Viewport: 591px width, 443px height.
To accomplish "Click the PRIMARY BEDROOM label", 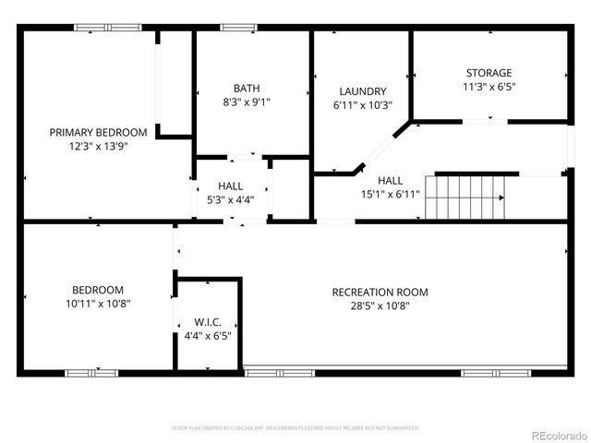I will [x=98, y=132].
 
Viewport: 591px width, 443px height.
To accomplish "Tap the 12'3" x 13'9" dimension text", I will [x=98, y=146].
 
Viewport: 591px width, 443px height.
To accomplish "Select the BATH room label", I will [x=246, y=88].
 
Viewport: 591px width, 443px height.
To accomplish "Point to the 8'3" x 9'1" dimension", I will [x=246, y=102].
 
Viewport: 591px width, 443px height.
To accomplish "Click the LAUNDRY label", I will [x=362, y=91].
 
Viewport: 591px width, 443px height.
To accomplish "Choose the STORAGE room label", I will [x=488, y=73].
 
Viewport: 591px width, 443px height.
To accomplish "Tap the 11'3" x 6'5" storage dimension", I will [x=488, y=87].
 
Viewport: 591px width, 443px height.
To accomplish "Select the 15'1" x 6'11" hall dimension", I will [x=390, y=194].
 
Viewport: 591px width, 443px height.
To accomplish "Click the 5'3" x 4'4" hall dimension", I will [x=231, y=199].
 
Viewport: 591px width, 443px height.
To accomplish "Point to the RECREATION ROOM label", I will [x=380, y=293].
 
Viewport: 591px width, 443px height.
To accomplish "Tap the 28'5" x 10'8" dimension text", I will [x=380, y=306].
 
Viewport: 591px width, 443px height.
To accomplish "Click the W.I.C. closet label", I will [x=207, y=322].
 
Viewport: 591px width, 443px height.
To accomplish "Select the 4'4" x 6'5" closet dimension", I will [x=207, y=336].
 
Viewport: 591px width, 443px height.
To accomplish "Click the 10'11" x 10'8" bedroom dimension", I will [x=98, y=303].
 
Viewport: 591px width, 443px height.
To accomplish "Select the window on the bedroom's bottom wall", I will [x=91, y=373].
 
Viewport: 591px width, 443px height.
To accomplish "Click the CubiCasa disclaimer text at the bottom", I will [x=295, y=428].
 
